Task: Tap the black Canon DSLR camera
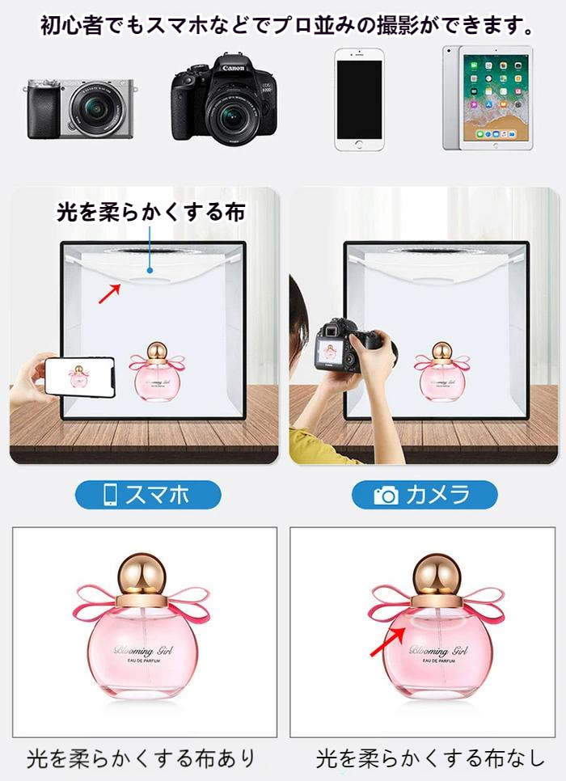point(224,99)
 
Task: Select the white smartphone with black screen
point(359,99)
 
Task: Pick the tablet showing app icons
point(488,98)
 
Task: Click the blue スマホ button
point(148,495)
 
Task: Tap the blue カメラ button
point(424,495)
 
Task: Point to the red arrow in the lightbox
point(110,293)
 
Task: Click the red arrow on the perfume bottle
point(387,641)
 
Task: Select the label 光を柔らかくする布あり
point(141,758)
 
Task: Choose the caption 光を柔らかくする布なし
point(430,758)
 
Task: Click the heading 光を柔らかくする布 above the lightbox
point(151,212)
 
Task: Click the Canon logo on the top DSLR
point(233,68)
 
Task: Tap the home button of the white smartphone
point(359,145)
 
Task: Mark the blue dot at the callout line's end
point(150,271)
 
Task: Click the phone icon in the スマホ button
point(111,495)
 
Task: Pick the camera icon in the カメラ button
point(386,495)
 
